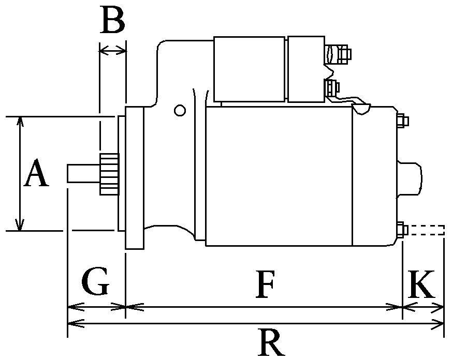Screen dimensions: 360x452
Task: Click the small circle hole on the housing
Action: [180, 110]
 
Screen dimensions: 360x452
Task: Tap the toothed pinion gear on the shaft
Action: [109, 174]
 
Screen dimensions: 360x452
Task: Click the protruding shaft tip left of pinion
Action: [83, 173]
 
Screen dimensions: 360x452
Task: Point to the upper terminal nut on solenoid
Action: [344, 53]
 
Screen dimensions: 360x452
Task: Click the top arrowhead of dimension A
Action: [20, 120]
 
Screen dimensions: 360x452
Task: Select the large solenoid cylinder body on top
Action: [249, 69]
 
